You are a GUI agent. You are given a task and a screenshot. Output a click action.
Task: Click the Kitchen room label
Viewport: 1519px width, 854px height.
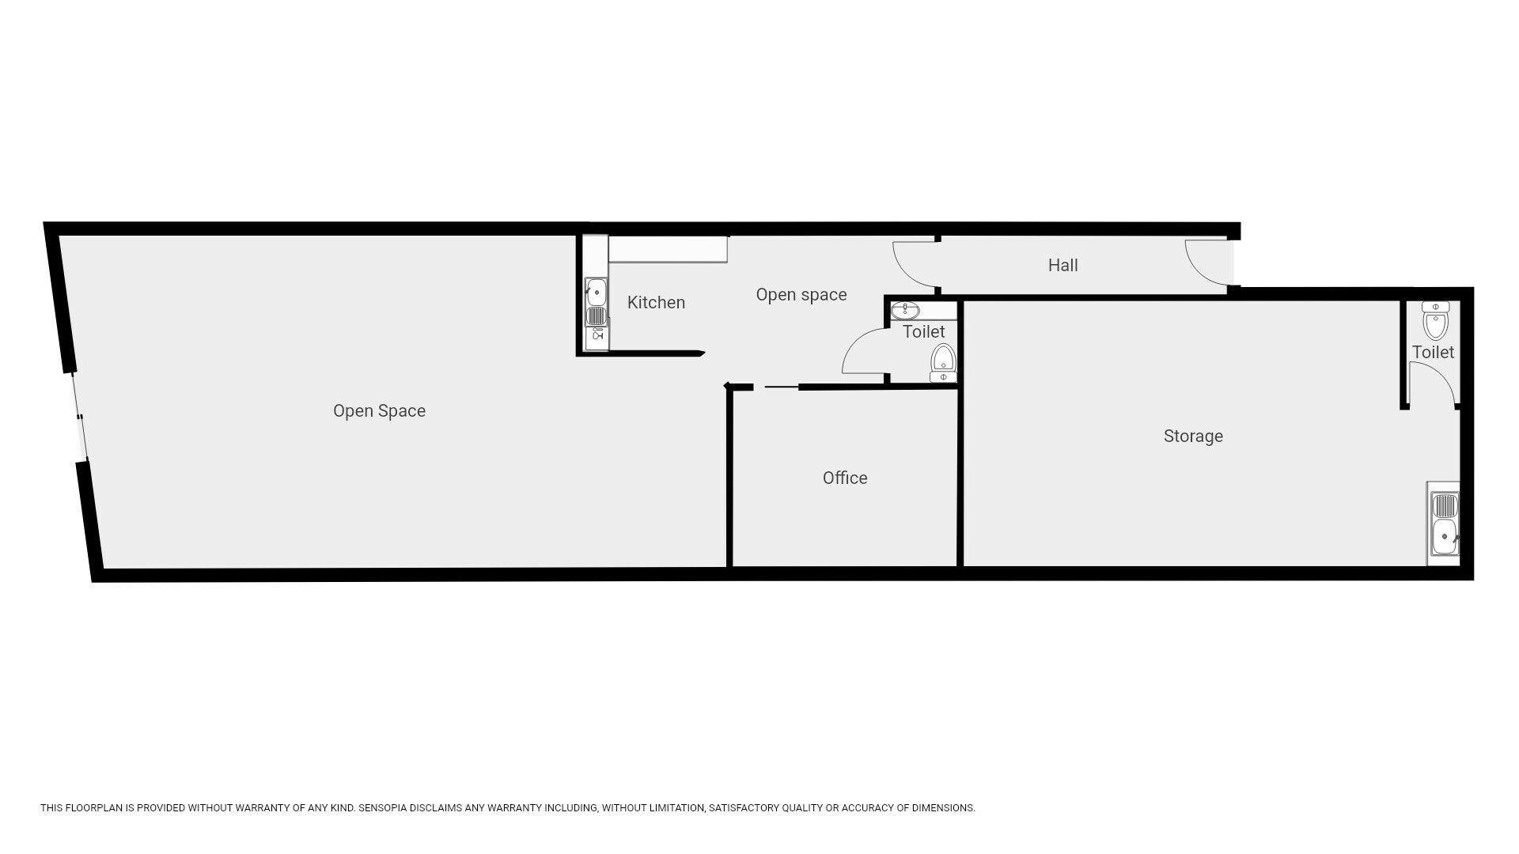(656, 302)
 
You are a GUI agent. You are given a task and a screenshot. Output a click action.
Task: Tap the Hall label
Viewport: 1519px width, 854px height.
(1063, 265)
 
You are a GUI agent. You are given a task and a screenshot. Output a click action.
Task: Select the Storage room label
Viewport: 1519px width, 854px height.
(1193, 436)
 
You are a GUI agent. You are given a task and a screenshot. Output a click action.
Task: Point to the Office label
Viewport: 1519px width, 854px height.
(845, 478)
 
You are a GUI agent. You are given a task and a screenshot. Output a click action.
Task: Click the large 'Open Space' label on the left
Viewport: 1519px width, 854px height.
(379, 411)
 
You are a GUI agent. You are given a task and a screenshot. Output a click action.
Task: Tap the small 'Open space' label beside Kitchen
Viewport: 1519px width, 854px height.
(801, 295)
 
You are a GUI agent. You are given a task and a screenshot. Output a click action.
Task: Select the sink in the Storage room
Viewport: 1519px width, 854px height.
(1443, 523)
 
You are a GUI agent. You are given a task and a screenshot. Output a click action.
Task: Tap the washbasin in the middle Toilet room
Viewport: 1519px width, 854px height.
(904, 310)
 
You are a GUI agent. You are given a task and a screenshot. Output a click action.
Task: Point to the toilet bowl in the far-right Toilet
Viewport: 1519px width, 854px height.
(1434, 320)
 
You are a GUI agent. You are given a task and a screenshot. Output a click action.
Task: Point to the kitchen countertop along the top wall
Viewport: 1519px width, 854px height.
(668, 249)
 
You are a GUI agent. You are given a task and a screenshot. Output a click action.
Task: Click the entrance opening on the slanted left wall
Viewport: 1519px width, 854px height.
(78, 416)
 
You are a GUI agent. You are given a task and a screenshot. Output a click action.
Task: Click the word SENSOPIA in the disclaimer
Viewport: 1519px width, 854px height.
(382, 808)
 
